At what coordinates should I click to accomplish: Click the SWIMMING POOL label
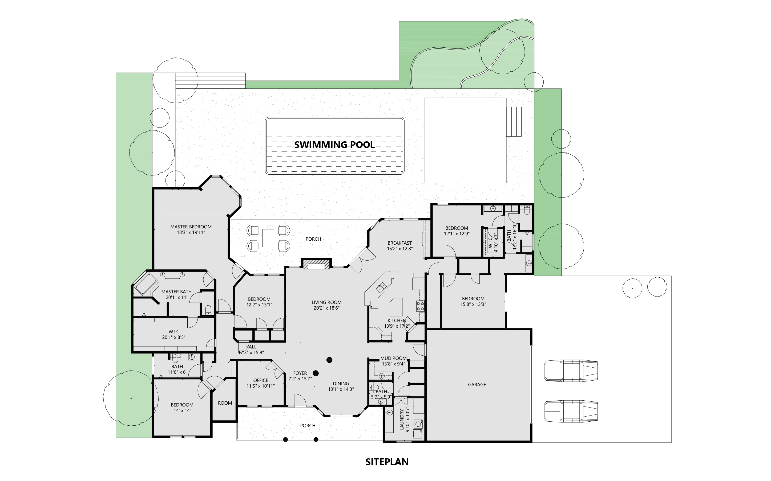(334, 145)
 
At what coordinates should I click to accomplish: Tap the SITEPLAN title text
(387, 462)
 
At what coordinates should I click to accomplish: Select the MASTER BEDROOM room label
(191, 227)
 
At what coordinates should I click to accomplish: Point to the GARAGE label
(477, 385)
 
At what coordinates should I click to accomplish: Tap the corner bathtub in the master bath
(146, 284)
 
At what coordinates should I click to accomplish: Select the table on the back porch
(268, 238)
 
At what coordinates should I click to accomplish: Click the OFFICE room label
(261, 380)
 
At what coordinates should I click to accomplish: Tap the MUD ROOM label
(394, 358)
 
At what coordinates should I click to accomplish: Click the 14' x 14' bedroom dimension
(182, 410)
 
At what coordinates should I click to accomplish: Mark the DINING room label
(341, 384)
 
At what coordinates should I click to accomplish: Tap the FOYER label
(300, 373)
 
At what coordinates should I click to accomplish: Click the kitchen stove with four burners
(420, 306)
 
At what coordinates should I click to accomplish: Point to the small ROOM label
(225, 403)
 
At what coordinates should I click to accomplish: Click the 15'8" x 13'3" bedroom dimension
(473, 304)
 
